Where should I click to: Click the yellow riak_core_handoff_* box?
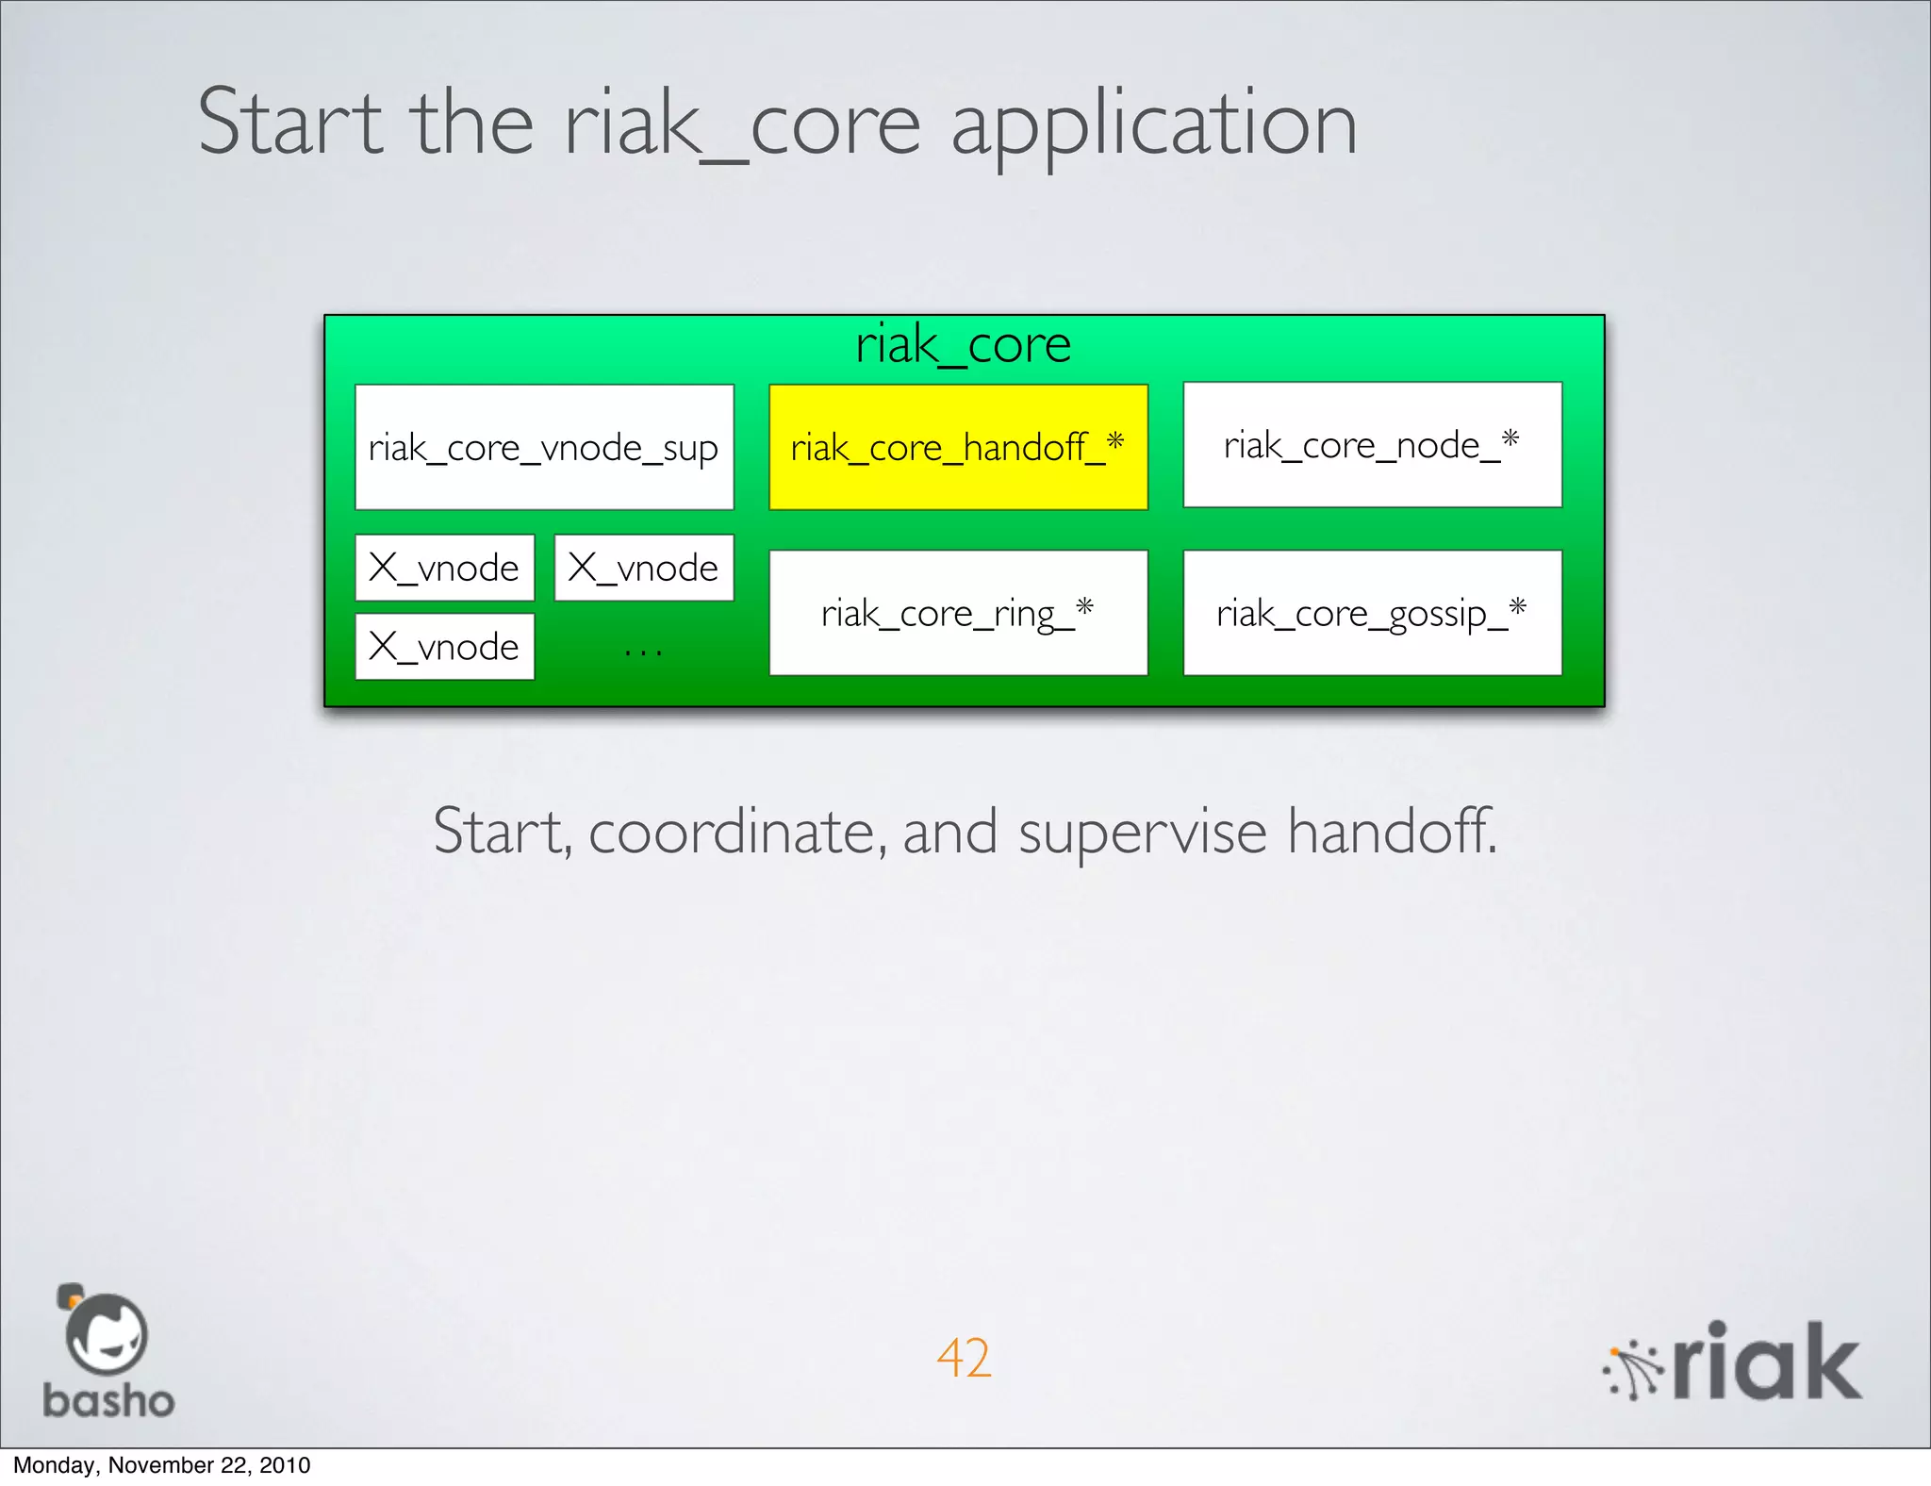coord(958,447)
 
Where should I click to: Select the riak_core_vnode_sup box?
coord(544,447)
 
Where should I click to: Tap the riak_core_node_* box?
coord(1372,444)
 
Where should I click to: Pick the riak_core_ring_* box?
coord(958,613)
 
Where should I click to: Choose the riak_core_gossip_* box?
coord(1372,613)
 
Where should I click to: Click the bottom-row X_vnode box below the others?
coord(444,647)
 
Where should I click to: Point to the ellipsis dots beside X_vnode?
coord(643,651)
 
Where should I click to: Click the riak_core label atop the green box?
coord(963,344)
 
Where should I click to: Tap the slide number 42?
coord(964,1358)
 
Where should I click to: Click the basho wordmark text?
coord(108,1401)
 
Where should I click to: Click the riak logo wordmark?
coord(1766,1362)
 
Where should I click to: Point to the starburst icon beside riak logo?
coord(1634,1370)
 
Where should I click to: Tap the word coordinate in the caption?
coord(737,832)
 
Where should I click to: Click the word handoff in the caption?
coord(1392,832)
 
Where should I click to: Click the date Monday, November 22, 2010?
coord(161,1465)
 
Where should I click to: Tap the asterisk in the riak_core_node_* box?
coord(1510,438)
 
